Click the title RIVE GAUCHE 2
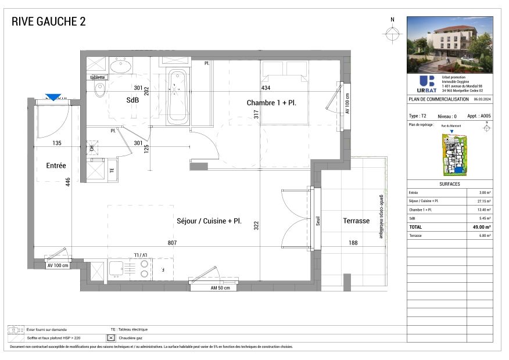[x=49, y=22]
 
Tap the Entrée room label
[x=56, y=166]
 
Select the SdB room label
[x=132, y=100]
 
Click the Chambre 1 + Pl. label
[x=271, y=103]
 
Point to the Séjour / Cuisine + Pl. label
[x=209, y=221]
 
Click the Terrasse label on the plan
[x=356, y=221]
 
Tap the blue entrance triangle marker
[x=53, y=98]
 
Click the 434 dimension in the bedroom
[x=266, y=88]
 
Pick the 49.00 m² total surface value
[x=481, y=227]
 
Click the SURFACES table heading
[x=450, y=184]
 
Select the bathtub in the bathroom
[x=177, y=97]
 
